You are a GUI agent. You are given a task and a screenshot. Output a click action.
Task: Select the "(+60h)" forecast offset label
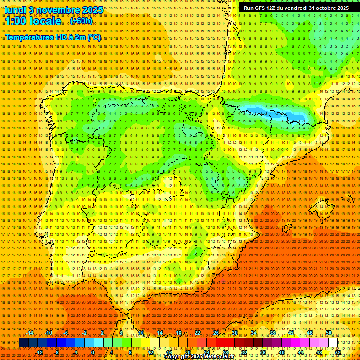pos(82,21)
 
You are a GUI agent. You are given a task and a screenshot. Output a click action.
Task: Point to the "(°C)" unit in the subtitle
pos(94,37)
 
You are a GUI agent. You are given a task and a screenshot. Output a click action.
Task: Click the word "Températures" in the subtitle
pos(29,37)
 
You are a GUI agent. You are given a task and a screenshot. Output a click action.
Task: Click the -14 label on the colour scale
pos(30,333)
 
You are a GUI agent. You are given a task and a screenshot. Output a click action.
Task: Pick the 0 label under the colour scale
pos(93,352)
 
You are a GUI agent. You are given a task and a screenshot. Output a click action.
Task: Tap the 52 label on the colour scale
pos(338,352)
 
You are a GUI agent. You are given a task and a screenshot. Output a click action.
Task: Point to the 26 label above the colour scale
pos(216,333)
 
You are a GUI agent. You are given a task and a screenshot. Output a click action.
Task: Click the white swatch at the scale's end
pos(333,343)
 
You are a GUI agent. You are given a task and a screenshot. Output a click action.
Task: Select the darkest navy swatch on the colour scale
pos(23,343)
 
